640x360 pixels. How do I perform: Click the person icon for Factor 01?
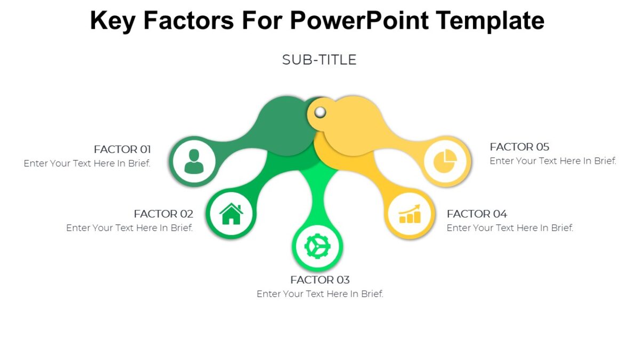pyautogui.click(x=194, y=161)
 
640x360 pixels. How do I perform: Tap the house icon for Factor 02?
pyautogui.click(x=231, y=214)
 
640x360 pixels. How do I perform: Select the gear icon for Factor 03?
pyautogui.click(x=317, y=246)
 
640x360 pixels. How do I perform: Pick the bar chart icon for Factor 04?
pyautogui.click(x=410, y=214)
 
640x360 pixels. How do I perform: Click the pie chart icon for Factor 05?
pyautogui.click(x=444, y=161)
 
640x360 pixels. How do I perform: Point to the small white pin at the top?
pyautogui.click(x=320, y=112)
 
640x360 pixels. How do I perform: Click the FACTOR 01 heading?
pyautogui.click(x=122, y=149)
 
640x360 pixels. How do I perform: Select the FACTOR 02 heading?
pyautogui.click(x=163, y=214)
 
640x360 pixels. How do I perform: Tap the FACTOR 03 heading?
pyautogui.click(x=320, y=280)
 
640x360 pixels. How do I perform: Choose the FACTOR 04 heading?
pyautogui.click(x=477, y=214)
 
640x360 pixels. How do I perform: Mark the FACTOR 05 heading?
pyautogui.click(x=519, y=147)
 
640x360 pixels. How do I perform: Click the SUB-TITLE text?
pyautogui.click(x=319, y=60)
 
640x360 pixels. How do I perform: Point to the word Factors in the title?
pyautogui.click(x=189, y=21)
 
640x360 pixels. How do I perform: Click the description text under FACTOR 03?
pyautogui.click(x=320, y=294)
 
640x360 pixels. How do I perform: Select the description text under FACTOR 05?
pyautogui.click(x=553, y=161)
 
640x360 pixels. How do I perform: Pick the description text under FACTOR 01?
pyautogui.click(x=87, y=163)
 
